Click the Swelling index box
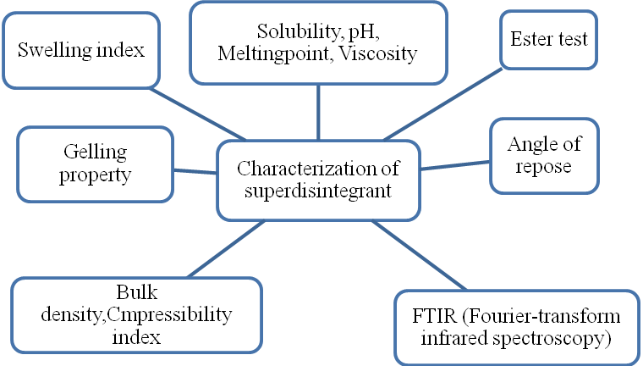pyautogui.click(x=81, y=49)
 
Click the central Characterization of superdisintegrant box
pyautogui.click(x=318, y=179)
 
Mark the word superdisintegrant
pyautogui.click(x=318, y=190)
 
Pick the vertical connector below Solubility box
pyautogui.click(x=318, y=105)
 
